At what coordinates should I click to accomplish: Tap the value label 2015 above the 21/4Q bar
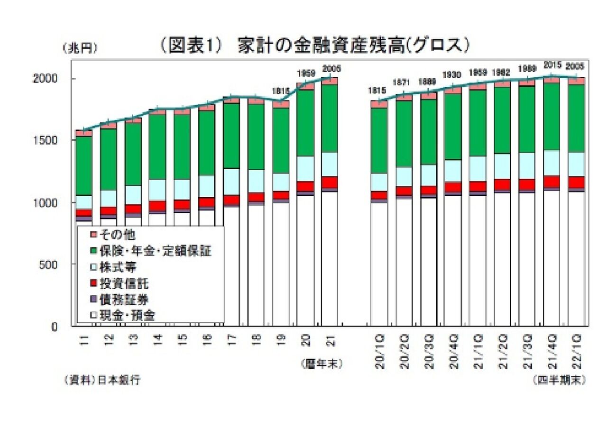click(x=552, y=64)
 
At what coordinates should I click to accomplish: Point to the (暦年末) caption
click(x=321, y=364)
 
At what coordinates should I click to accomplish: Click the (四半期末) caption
click(x=559, y=380)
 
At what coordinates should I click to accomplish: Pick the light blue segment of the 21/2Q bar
click(x=502, y=166)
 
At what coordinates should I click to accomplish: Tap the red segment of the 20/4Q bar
click(x=453, y=187)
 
